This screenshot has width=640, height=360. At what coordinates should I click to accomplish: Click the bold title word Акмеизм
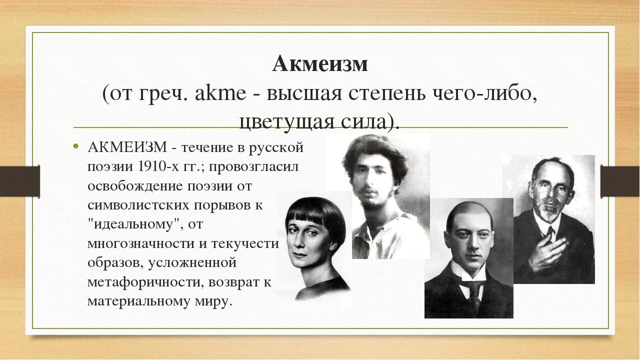click(320, 63)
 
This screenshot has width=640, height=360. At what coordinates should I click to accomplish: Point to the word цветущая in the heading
click(281, 121)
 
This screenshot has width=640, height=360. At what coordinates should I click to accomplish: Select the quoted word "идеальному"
click(137, 224)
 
